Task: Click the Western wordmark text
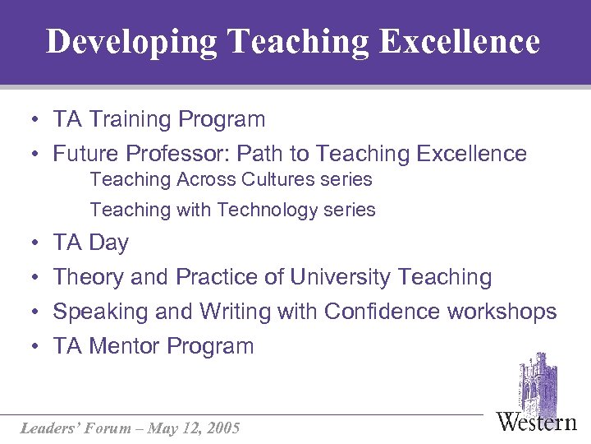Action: pos(537,422)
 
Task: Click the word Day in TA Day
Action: pos(108,243)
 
